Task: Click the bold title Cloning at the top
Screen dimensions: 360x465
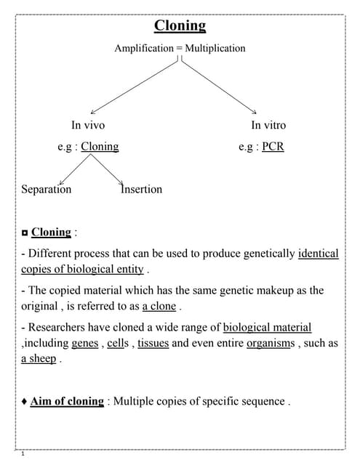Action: (x=180, y=26)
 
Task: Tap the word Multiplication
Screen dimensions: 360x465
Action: (x=215, y=48)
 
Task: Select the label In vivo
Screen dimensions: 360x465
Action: (x=87, y=125)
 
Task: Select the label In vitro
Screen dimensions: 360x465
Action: (x=268, y=125)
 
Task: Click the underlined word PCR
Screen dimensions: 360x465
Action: (x=273, y=146)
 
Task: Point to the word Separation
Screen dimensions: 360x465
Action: (x=47, y=189)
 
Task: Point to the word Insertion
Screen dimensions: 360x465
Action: (x=142, y=189)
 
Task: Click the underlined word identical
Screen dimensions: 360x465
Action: (x=319, y=254)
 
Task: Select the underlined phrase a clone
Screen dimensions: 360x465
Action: (x=159, y=306)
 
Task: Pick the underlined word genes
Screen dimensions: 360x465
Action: (x=85, y=343)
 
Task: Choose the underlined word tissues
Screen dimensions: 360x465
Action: (x=153, y=343)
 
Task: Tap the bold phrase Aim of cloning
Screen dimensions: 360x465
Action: (x=67, y=401)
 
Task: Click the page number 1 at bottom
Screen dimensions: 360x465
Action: (x=24, y=455)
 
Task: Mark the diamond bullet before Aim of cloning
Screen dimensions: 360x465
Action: (x=25, y=401)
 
